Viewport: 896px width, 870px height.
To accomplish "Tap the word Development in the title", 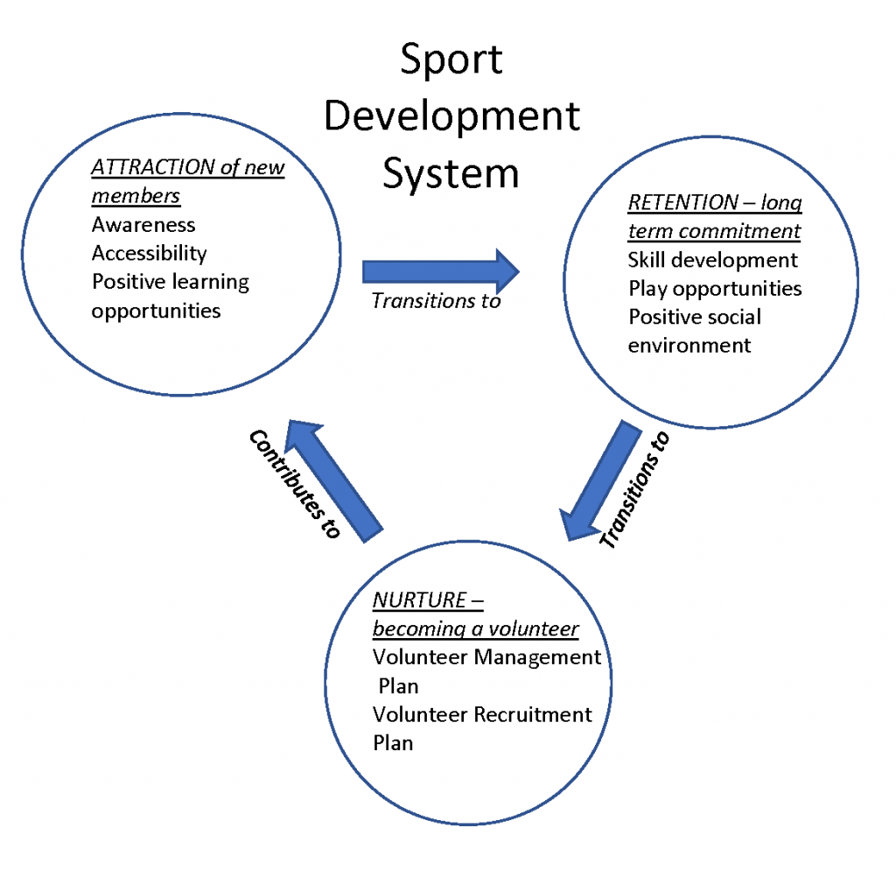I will [451, 116].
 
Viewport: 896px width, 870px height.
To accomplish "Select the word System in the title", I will [451, 172].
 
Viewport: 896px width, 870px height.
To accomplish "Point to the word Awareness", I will [143, 225].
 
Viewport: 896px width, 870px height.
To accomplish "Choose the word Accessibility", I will [150, 254].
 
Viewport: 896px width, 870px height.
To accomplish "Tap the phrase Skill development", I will [713, 260].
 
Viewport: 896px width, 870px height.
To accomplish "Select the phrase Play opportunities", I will [715, 288].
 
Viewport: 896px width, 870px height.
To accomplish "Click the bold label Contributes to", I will [293, 483].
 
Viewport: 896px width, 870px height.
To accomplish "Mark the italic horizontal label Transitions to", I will [436, 301].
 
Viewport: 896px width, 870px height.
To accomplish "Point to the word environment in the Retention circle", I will [689, 345].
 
